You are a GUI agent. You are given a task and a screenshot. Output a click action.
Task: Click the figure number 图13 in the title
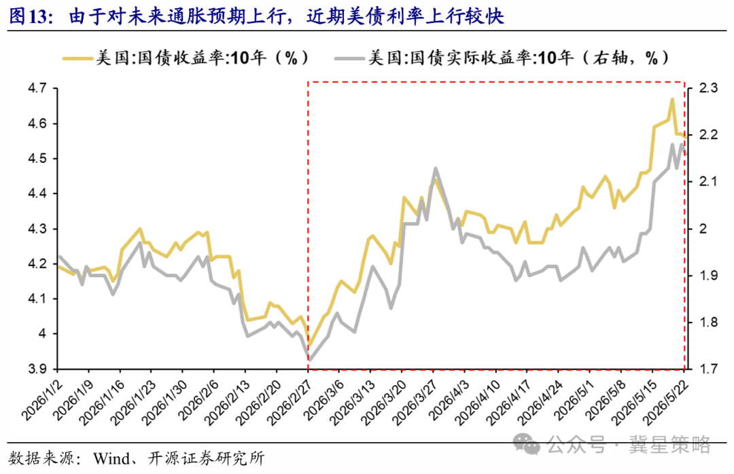(30, 17)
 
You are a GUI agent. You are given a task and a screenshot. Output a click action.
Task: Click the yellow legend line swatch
(77, 58)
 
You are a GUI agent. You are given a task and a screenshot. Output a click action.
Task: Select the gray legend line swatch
(349, 58)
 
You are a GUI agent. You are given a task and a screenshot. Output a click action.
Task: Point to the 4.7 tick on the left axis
(37, 88)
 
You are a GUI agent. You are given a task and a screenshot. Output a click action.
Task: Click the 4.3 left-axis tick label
(37, 229)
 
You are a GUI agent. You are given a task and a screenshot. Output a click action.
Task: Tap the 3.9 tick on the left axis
(37, 369)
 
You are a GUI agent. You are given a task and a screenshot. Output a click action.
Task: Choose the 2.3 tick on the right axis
(708, 88)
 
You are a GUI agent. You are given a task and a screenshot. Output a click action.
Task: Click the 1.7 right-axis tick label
(708, 369)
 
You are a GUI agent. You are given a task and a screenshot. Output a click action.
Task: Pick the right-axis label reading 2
(703, 229)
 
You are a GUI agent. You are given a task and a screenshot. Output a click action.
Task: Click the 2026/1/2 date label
(41, 397)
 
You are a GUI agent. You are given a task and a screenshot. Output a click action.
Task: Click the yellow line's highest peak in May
(672, 99)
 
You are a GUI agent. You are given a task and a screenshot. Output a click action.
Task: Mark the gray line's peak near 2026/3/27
(436, 168)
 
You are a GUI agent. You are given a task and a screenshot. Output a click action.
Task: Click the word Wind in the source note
(111, 458)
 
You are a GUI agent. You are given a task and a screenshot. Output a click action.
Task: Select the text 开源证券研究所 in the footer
(206, 458)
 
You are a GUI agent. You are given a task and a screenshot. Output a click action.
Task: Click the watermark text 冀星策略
(670, 444)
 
